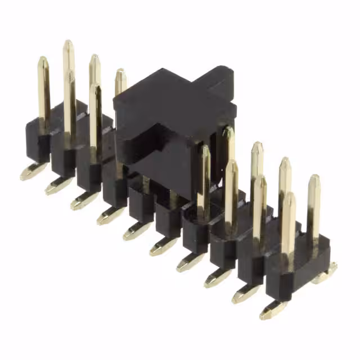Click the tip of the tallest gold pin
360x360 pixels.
(x=68, y=44)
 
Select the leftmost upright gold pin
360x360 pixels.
(x=43, y=90)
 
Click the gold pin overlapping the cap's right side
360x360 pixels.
(x=228, y=146)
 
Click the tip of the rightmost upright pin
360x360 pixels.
(x=314, y=179)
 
